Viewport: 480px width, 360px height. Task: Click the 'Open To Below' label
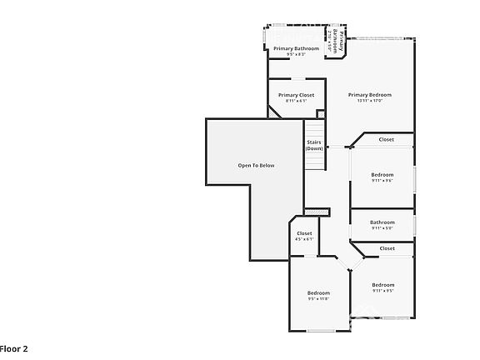[x=256, y=165]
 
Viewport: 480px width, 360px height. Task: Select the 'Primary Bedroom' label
[x=369, y=95]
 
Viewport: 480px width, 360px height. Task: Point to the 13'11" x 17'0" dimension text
[x=369, y=101]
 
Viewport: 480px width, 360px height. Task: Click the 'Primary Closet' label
[x=296, y=95]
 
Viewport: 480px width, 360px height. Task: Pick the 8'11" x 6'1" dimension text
[x=296, y=101]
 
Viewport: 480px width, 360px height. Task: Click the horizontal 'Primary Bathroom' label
[x=296, y=48]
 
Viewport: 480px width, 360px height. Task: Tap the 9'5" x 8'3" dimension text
[x=296, y=54]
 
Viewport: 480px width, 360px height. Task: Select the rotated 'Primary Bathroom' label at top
[x=334, y=42]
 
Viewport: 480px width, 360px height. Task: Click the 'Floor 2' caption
[x=14, y=348]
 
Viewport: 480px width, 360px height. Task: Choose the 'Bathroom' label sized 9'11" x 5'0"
[x=382, y=222]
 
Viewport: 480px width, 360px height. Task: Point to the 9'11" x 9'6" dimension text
[x=382, y=180]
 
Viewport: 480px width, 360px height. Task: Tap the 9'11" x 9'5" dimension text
[x=382, y=291]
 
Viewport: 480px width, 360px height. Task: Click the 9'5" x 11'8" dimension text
[x=318, y=299]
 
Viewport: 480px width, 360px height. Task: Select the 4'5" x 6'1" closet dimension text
[x=304, y=239]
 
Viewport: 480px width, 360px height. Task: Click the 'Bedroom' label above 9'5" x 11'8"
[x=318, y=292]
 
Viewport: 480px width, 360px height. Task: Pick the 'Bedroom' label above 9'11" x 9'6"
[x=382, y=174]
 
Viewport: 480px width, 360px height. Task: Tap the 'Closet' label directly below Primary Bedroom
[x=386, y=139]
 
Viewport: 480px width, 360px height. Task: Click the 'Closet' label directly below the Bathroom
[x=387, y=248]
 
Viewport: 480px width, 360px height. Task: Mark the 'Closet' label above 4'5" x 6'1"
[x=304, y=233]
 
